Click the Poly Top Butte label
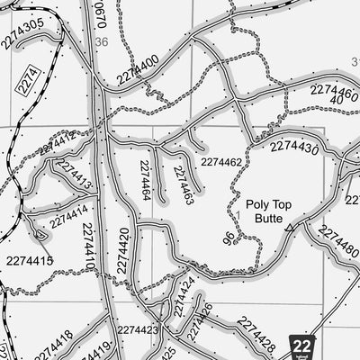click(x=264, y=211)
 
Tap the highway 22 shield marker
click(x=304, y=346)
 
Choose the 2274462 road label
click(x=221, y=162)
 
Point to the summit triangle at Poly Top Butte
click(x=287, y=229)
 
